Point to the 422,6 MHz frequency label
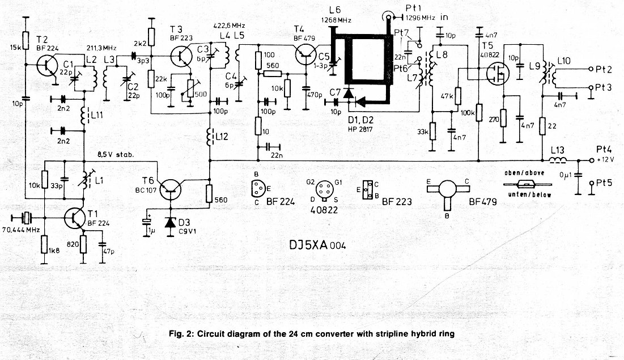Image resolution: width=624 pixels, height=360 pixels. (230, 26)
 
